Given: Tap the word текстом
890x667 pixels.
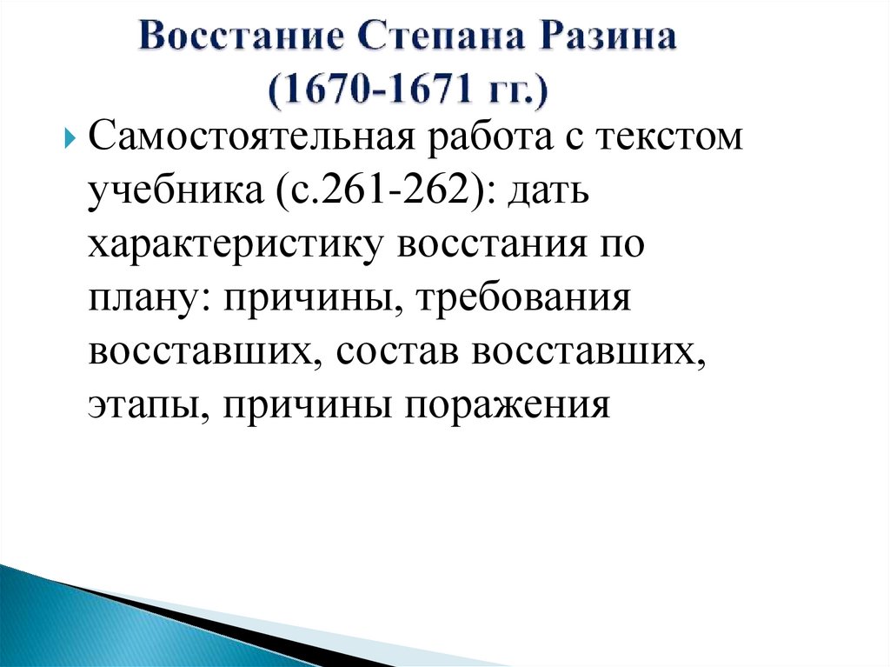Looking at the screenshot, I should [669, 140].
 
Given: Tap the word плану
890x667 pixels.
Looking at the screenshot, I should [139, 299].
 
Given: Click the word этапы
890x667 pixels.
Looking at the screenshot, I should [139, 405].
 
